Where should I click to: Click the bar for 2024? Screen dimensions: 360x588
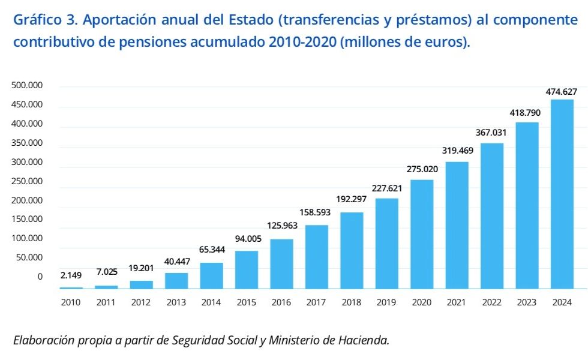coord(562,194)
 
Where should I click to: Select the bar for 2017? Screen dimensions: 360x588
coord(317,257)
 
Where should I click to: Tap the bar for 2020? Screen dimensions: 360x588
coord(422,234)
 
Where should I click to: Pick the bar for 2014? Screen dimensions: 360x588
coord(211,275)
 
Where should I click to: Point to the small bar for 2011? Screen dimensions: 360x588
coord(106,287)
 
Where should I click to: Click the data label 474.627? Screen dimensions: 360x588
coord(562,92)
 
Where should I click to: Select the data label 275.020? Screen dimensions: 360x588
coord(422,169)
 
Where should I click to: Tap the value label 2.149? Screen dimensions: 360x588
coord(71,275)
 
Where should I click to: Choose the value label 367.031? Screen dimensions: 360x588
coord(492,133)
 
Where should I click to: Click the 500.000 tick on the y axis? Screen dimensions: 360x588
coord(27,86)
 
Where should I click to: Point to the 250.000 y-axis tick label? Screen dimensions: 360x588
coord(27,181)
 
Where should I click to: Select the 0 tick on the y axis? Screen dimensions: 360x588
coord(40,277)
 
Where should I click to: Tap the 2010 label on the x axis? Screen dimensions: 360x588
coord(71,302)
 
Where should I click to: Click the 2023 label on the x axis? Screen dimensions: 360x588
coord(527,302)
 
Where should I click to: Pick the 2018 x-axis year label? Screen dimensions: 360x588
coord(352,302)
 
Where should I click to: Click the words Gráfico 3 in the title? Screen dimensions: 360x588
coord(44,20)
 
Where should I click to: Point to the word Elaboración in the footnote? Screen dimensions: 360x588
coord(41,340)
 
